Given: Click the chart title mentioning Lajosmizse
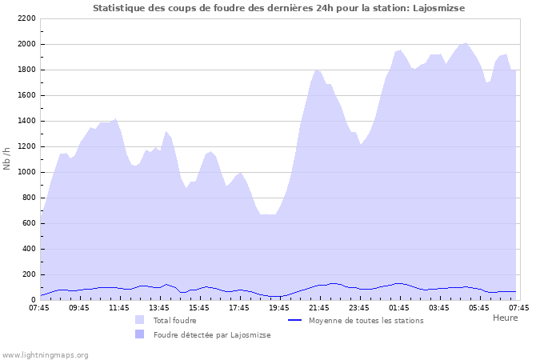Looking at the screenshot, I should click(278, 8).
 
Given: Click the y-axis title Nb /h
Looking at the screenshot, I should click(7, 158).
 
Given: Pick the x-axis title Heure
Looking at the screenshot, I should click(505, 318).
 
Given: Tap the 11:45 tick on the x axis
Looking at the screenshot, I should click(118, 306).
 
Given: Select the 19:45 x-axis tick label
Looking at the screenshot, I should click(278, 306).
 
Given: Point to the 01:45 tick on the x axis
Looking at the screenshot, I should click(398, 306).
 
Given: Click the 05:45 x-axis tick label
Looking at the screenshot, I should click(478, 306).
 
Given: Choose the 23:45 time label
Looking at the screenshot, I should click(358, 306).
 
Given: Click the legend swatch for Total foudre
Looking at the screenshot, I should click(140, 320).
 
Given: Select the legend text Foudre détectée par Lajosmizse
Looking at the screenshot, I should click(212, 335).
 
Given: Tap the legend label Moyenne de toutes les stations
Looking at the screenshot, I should click(366, 321).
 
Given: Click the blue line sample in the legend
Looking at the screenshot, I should click(294, 320).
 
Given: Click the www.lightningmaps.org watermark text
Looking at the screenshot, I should click(45, 355).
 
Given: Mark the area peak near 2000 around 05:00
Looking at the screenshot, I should click(466, 43).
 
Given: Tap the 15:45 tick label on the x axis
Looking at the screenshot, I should click(198, 306).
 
